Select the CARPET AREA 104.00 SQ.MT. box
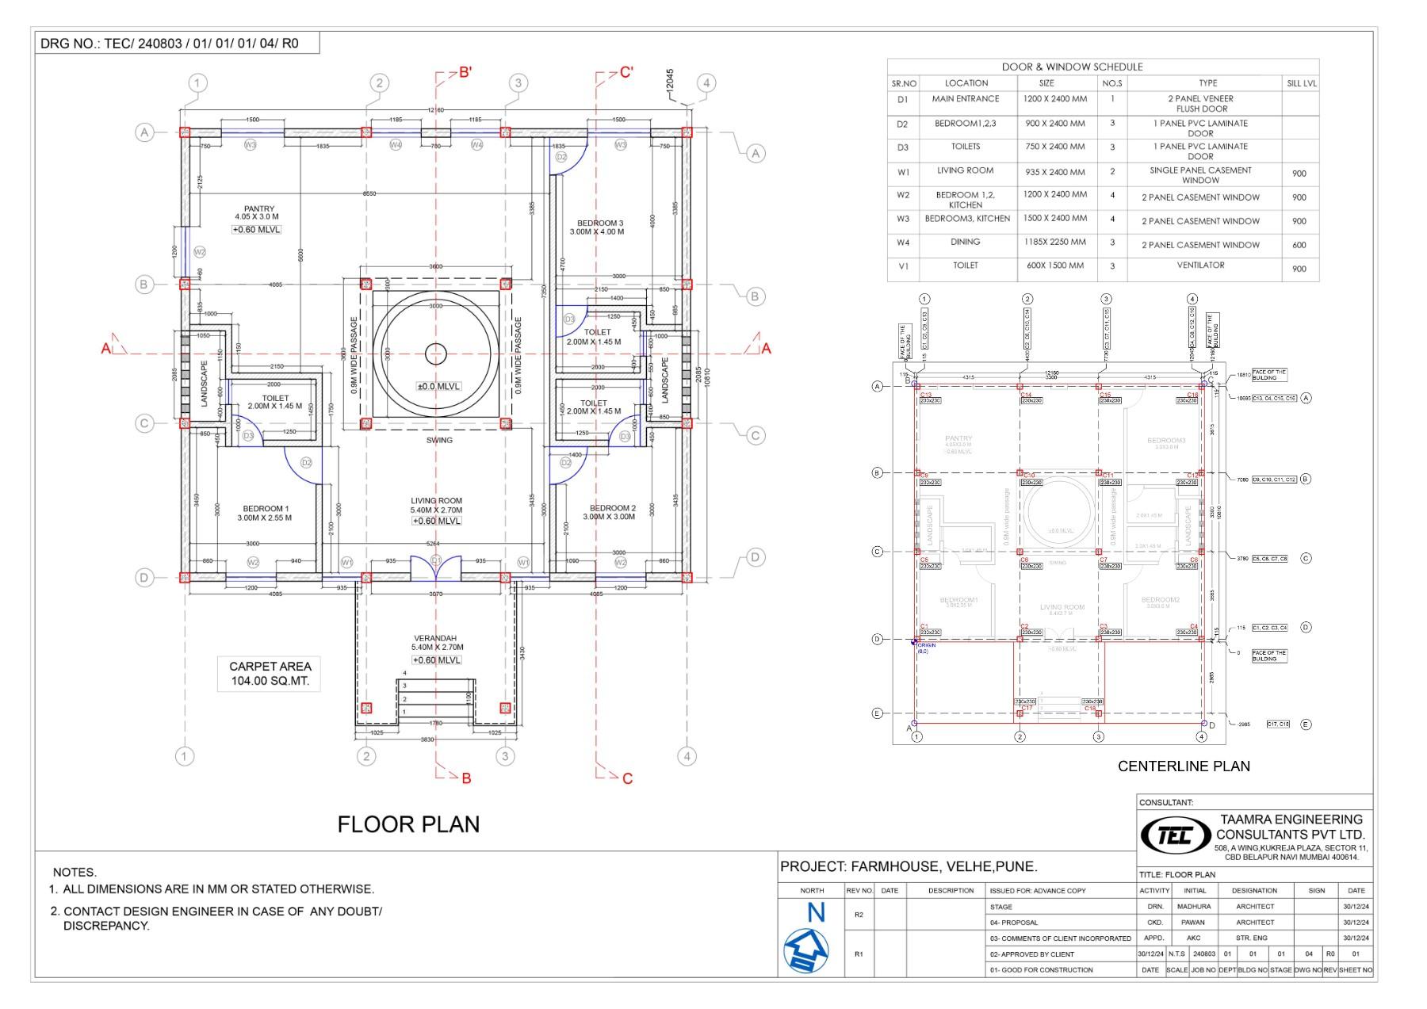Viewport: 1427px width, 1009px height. click(x=270, y=674)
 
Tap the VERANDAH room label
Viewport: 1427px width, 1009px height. click(x=435, y=638)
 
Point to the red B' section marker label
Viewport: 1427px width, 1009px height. click(x=465, y=73)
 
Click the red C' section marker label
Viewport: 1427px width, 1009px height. click(x=626, y=73)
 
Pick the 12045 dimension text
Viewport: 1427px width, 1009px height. click(x=670, y=82)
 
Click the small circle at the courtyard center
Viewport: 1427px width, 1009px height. click(x=435, y=354)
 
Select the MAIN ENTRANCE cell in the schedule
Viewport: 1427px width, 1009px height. click(x=966, y=99)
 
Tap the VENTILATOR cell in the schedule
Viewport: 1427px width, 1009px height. click(x=1200, y=266)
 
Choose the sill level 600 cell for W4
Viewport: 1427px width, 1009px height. click(x=1299, y=245)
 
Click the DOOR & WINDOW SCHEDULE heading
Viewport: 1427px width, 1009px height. click(x=1072, y=67)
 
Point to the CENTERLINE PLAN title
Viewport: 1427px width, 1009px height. click(x=1184, y=766)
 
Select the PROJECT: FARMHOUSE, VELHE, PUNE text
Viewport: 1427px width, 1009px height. click(x=909, y=866)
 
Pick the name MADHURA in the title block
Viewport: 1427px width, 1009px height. click(x=1194, y=906)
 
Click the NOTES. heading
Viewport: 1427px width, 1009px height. click(x=75, y=872)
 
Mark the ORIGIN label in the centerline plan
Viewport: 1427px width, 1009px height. click(x=926, y=645)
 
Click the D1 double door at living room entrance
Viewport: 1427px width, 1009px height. click(x=435, y=566)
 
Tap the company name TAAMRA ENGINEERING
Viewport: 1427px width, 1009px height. click(x=1291, y=820)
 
